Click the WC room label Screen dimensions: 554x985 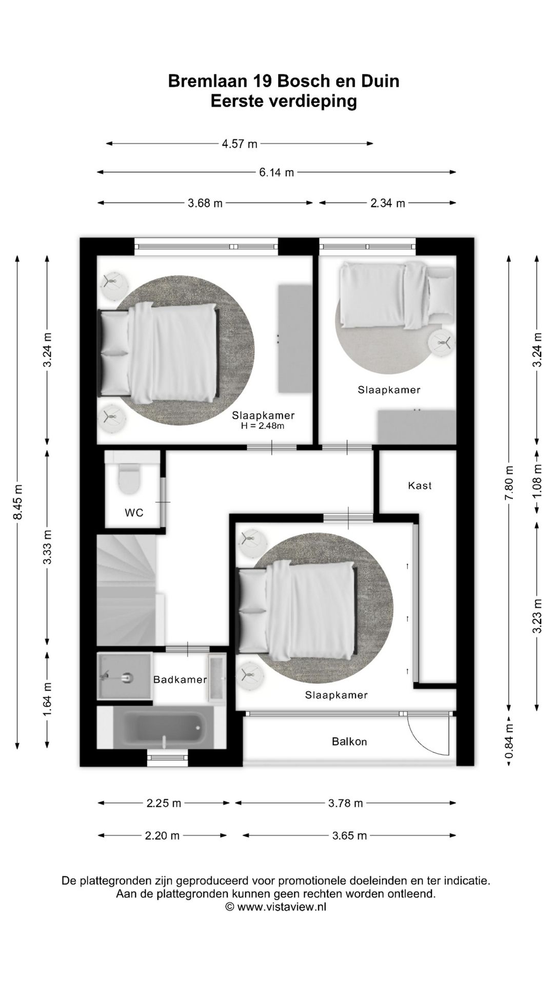(134, 512)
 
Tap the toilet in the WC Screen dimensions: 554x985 (129, 478)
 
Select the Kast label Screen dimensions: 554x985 (420, 485)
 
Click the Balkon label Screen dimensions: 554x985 (349, 741)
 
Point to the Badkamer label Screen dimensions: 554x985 (180, 679)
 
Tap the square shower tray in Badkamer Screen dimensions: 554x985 (125, 676)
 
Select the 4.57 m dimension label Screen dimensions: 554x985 (240, 144)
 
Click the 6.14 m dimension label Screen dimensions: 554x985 (276, 172)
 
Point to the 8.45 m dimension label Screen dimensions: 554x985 (17, 501)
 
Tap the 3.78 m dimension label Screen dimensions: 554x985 (346, 803)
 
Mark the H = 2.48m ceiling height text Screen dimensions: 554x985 (263, 425)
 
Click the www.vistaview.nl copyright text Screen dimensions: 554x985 (276, 907)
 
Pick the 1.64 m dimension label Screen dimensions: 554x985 (47, 700)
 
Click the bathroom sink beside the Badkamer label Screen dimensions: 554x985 (216, 678)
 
